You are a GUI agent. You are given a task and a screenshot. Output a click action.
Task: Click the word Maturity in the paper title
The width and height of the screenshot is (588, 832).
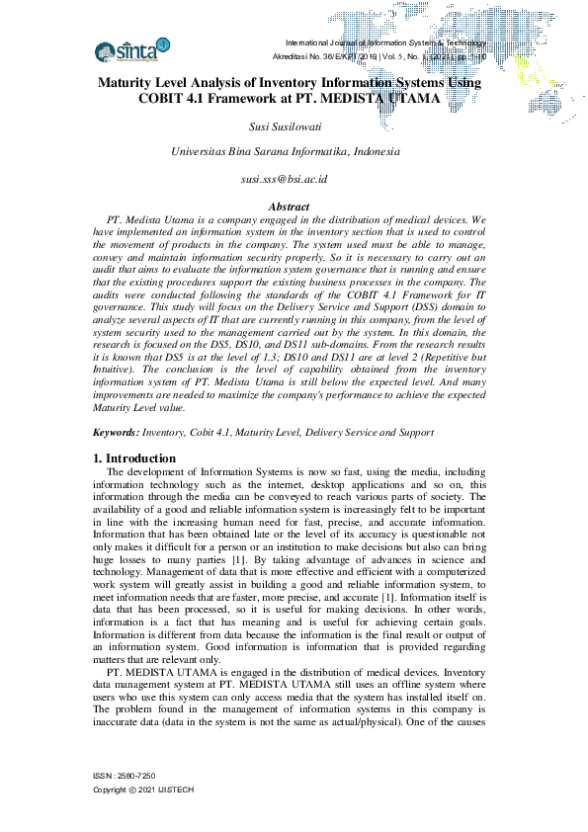coord(133,84)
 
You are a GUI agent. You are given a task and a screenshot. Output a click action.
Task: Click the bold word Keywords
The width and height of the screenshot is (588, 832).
coord(116,432)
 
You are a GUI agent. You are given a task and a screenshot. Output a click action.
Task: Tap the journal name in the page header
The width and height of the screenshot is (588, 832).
coord(385,43)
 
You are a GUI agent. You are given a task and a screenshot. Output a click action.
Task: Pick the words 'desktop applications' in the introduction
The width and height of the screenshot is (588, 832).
coord(375,485)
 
